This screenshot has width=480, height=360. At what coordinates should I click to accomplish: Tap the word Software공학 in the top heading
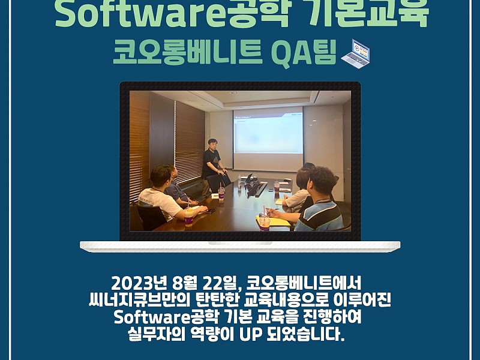(172, 14)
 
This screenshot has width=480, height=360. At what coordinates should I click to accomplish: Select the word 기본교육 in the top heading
(368, 14)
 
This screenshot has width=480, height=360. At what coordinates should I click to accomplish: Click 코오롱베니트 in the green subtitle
(187, 53)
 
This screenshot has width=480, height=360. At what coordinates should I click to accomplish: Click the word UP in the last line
(250, 334)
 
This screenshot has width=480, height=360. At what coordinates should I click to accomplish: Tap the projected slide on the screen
(268, 134)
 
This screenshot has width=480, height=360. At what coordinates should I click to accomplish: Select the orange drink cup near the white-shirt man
(189, 217)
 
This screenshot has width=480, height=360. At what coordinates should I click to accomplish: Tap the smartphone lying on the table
(211, 211)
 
